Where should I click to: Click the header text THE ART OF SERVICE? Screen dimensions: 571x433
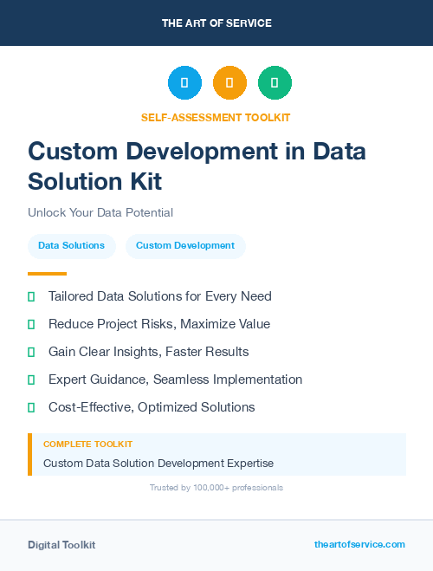(x=216, y=23)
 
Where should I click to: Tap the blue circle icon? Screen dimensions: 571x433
(x=184, y=83)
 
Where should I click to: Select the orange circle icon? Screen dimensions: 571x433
(x=229, y=83)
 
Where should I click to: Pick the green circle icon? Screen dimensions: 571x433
(x=275, y=83)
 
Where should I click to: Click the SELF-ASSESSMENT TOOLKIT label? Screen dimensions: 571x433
(x=216, y=117)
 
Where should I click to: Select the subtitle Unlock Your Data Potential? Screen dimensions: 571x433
(x=100, y=212)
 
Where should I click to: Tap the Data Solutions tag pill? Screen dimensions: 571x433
(x=71, y=246)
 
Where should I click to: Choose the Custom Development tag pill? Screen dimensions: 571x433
(x=185, y=246)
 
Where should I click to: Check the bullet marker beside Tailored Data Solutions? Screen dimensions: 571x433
(x=31, y=296)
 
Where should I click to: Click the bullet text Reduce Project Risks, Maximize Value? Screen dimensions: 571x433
(x=159, y=324)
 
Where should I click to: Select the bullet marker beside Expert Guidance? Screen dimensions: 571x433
(x=31, y=380)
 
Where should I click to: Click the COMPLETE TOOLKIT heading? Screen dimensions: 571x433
(x=87, y=444)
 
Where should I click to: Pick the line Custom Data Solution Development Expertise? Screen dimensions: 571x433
(x=158, y=464)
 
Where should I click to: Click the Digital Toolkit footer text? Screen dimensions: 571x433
(x=61, y=545)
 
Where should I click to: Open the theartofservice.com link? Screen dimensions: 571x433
(x=359, y=544)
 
